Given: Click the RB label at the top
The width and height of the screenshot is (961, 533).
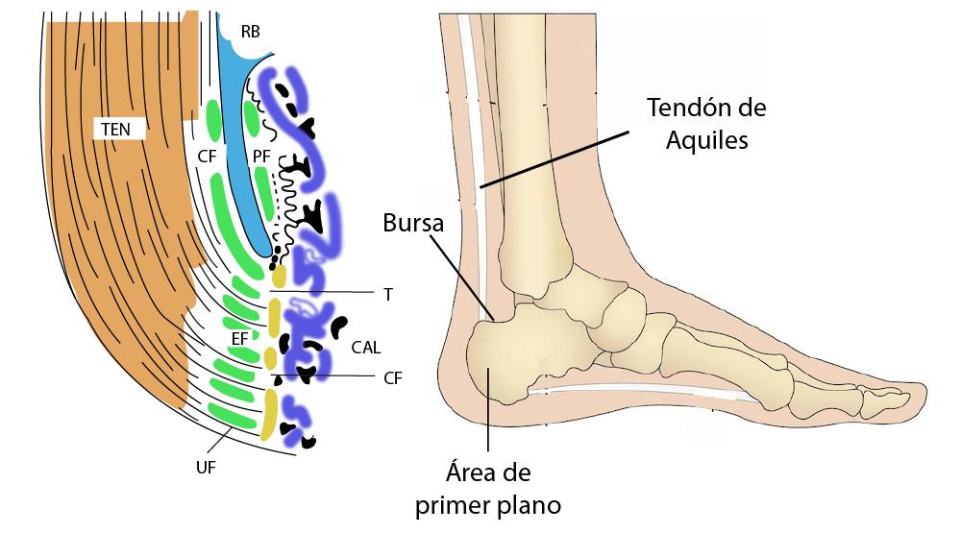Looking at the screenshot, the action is tap(250, 32).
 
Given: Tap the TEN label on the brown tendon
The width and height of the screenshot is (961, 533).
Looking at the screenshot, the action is tap(122, 128).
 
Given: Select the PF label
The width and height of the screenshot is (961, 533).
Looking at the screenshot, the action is tap(261, 155).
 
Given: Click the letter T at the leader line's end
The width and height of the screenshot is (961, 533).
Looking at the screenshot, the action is tap(387, 294).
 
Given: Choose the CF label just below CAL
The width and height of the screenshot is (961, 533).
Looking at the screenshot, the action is tap(392, 378).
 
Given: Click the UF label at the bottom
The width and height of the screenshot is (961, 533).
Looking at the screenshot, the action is tap(205, 467).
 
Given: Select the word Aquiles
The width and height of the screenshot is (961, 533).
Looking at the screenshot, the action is tap(705, 139).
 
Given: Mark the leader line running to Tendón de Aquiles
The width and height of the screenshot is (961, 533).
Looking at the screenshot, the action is tap(557, 153).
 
